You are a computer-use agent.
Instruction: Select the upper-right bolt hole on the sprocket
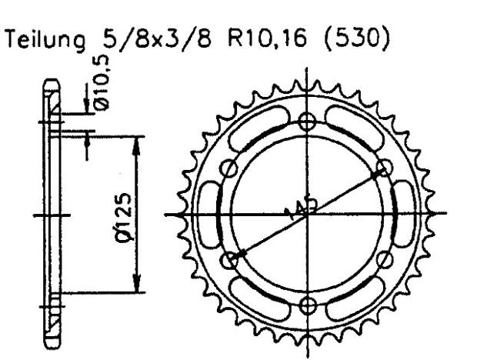(382, 169)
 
